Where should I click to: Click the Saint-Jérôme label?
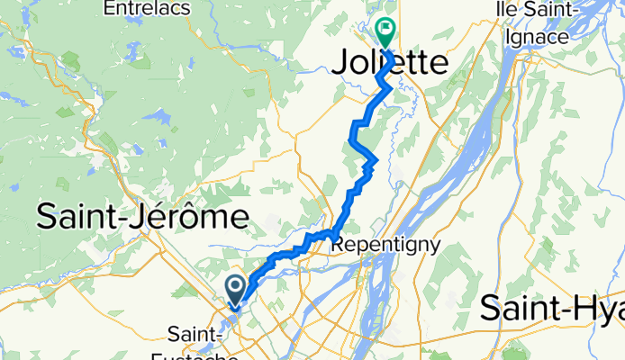[x=143, y=217]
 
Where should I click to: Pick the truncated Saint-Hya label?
[x=551, y=309]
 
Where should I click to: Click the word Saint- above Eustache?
[x=199, y=330]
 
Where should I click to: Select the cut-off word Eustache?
[x=204, y=354]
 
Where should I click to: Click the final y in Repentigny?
[x=434, y=246]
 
